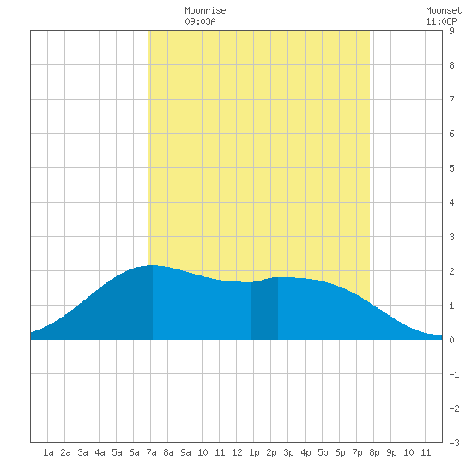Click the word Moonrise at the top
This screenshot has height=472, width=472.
pyautogui.click(x=205, y=10)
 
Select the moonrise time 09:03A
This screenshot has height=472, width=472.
pyautogui.click(x=200, y=21)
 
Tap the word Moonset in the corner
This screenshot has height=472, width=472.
pyautogui.click(x=444, y=10)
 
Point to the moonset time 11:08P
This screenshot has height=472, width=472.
pyautogui.click(x=441, y=21)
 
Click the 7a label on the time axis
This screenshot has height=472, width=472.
pyautogui.click(x=151, y=452)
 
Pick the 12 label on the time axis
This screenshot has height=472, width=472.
pyautogui.click(x=237, y=452)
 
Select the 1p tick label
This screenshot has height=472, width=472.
pyautogui.click(x=254, y=452)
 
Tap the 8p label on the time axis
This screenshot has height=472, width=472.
pyautogui.click(x=374, y=452)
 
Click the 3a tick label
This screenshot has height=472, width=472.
pyautogui.click(x=82, y=452)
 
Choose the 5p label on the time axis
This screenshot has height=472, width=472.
pyautogui.click(x=323, y=452)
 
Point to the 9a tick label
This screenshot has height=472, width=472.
pyautogui.click(x=185, y=452)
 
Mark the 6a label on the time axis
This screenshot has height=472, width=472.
pyautogui.click(x=134, y=452)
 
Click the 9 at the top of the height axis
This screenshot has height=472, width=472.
pyautogui.click(x=451, y=31)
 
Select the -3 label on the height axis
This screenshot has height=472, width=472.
pyautogui.click(x=454, y=443)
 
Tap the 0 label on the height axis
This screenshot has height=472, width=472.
pyautogui.click(x=451, y=340)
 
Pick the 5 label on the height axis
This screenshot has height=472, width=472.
pyautogui.click(x=451, y=168)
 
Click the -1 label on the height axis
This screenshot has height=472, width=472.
pyautogui.click(x=454, y=374)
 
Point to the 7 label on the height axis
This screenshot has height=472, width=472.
pyautogui.click(x=451, y=100)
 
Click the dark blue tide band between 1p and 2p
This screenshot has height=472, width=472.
pyautogui.click(x=264, y=310)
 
